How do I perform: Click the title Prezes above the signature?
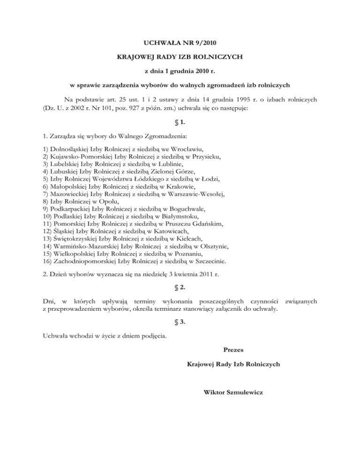(233, 349)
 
